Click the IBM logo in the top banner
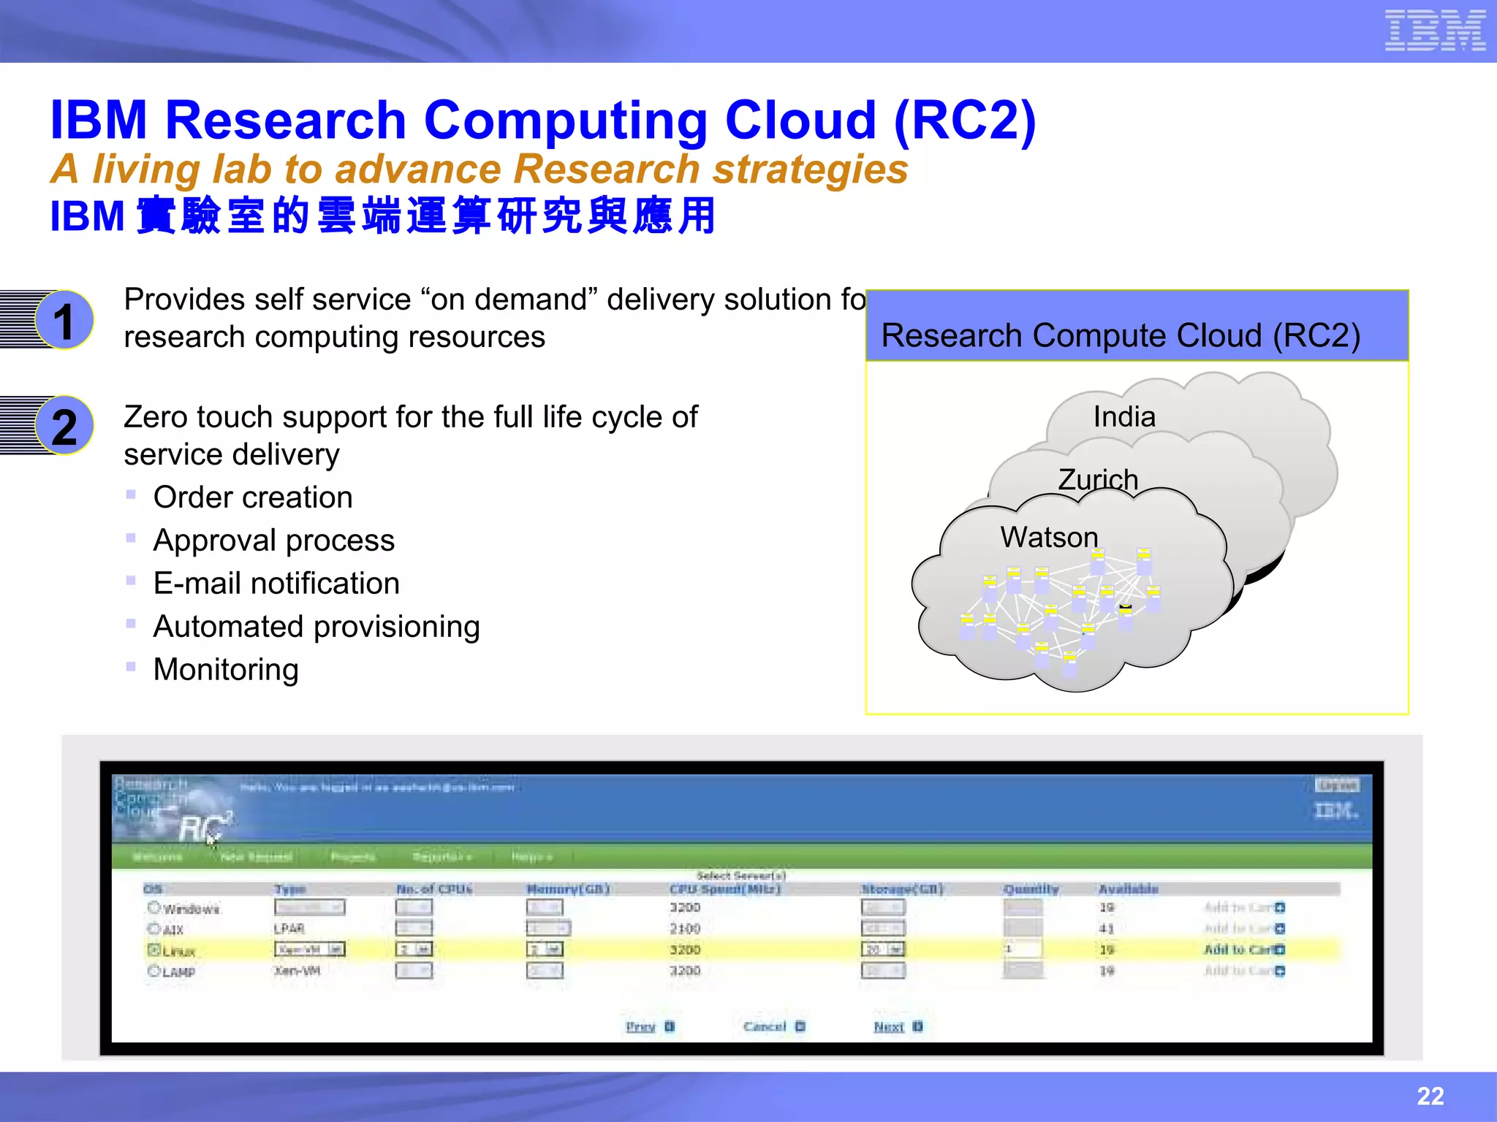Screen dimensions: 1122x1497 coord(1435,31)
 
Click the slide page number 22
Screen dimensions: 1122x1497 coord(1430,1096)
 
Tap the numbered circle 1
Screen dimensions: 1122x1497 coord(64,320)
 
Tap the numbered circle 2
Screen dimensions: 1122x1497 coord(64,426)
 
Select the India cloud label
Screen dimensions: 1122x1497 coord(1124,416)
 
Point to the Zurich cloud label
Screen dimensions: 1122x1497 coord(1098,479)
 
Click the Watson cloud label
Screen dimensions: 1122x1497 coord(1049,537)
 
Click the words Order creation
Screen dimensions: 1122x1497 coord(253,497)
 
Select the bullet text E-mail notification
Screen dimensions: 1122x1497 coord(276,584)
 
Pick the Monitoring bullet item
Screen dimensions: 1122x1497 coord(226,670)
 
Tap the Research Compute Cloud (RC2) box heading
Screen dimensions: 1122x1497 coord(1121,335)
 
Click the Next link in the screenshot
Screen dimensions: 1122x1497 coord(889,1026)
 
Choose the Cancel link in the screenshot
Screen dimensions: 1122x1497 coord(765,1026)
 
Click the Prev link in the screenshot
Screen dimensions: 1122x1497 coord(641,1026)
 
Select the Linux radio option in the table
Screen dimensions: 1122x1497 coord(154,950)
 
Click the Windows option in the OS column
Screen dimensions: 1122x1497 coord(190,909)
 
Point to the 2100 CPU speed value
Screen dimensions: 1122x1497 coord(685,928)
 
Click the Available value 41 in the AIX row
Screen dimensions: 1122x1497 coord(1107,928)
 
